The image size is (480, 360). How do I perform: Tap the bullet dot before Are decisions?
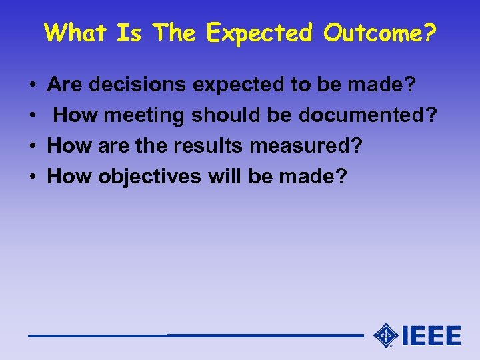tap(32, 85)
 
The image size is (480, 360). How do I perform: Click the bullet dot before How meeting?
tap(32, 116)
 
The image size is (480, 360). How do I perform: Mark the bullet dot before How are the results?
tap(32, 147)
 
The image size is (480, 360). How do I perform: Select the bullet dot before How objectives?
tap(32, 177)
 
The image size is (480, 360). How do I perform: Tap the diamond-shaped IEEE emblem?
tap(385, 335)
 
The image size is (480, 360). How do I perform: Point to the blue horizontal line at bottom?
tap(193, 335)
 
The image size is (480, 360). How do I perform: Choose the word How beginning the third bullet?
tap(70, 146)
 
